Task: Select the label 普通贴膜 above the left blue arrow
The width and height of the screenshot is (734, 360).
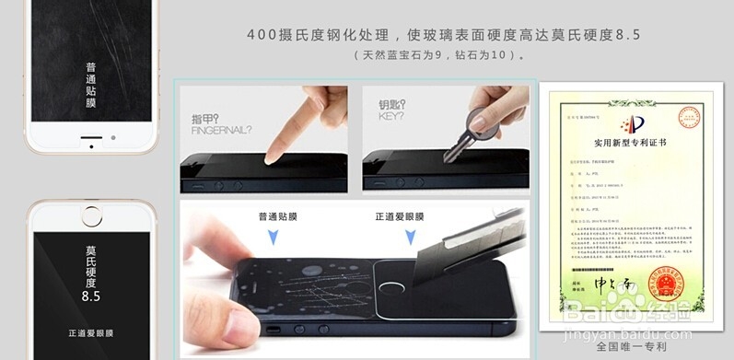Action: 281,217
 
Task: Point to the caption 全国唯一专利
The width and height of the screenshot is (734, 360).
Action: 630,347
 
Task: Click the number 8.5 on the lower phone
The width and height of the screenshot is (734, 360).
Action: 90,296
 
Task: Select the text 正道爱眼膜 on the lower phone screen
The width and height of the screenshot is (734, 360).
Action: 91,331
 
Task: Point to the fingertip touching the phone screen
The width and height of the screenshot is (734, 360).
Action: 271,157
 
